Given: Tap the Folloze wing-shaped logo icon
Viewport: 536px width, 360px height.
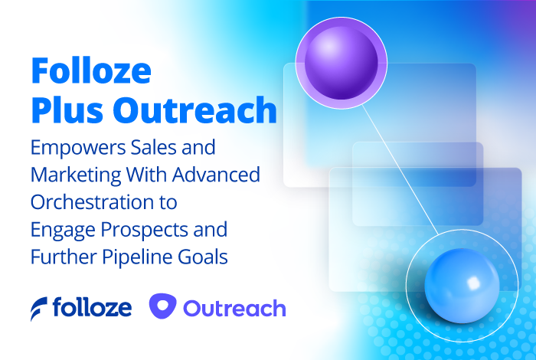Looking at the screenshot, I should (38, 308).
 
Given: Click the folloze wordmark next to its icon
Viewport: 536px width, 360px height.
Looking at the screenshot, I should (92, 308).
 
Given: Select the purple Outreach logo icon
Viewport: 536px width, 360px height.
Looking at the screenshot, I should (162, 307).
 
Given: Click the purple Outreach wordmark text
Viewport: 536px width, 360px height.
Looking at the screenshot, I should (234, 308).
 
